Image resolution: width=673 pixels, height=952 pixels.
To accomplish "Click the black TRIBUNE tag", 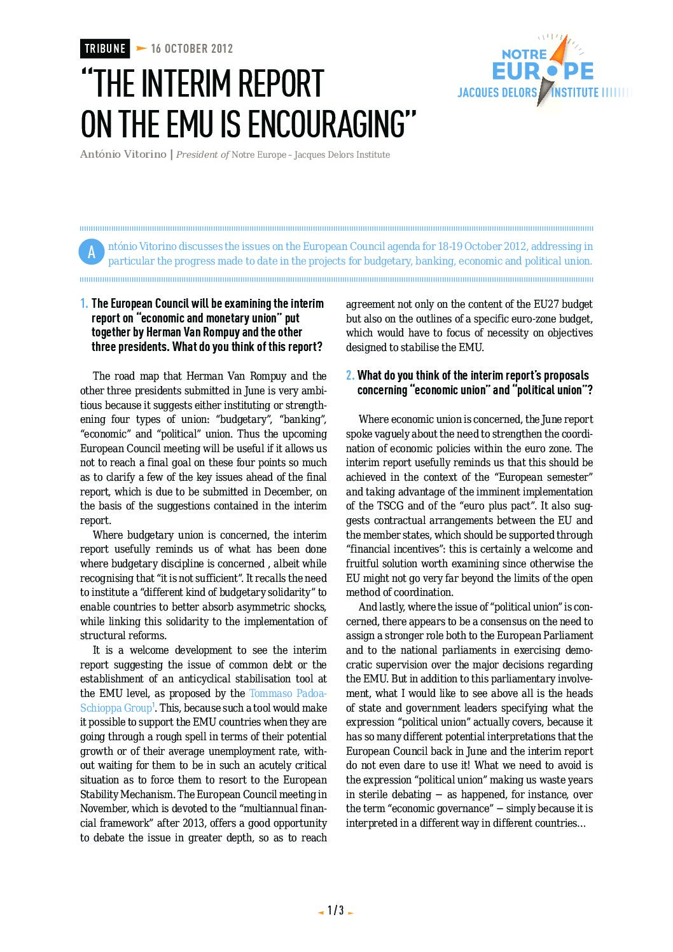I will (x=105, y=48).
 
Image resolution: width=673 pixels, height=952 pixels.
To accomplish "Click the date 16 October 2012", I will (x=191, y=48).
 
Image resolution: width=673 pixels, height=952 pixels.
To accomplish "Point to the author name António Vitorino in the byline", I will (x=123, y=155).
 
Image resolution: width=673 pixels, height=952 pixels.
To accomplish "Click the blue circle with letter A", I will (x=91, y=252).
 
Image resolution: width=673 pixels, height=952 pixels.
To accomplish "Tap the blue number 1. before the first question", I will (x=84, y=303).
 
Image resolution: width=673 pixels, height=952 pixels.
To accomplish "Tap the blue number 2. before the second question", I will (x=350, y=375).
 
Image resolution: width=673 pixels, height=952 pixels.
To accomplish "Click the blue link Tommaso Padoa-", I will (x=288, y=693).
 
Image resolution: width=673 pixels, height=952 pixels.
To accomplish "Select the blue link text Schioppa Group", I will (x=116, y=708).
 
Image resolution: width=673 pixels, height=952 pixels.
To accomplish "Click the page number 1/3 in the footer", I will (x=335, y=910).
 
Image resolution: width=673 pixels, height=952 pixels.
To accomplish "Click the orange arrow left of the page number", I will (x=321, y=913).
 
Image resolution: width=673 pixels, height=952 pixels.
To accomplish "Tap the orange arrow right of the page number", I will (x=350, y=913).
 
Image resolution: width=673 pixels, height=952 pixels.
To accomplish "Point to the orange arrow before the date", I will (x=141, y=48).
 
